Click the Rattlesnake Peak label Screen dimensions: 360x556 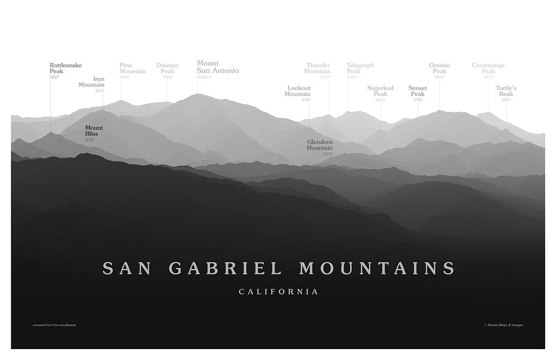(65, 68)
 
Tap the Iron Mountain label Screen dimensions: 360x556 (92, 82)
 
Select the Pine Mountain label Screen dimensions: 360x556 (132, 68)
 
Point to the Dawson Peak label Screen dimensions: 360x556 (167, 68)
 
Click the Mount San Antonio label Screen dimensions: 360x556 (217, 67)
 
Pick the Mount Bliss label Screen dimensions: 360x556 (93, 131)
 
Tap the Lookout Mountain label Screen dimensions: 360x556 (298, 91)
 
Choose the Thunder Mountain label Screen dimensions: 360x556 (317, 68)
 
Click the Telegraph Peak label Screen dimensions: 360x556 (360, 68)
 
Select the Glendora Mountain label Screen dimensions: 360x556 (319, 145)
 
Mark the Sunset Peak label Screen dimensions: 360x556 (418, 91)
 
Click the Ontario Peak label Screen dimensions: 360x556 (439, 68)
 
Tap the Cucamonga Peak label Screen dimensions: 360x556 (488, 68)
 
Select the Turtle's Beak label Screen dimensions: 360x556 (506, 91)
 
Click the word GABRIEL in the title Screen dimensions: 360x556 (225, 268)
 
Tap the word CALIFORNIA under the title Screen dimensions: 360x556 (279, 292)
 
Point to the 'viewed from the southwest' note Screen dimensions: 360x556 (54, 325)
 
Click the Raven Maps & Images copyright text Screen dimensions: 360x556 (503, 325)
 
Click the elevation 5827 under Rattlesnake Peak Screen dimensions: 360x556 (54, 77)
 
